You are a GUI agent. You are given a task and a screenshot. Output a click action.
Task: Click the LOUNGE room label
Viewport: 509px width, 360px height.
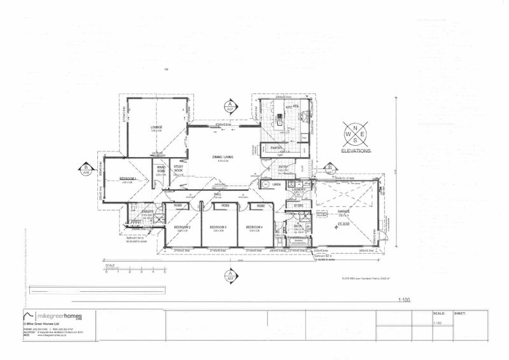(x=157, y=127)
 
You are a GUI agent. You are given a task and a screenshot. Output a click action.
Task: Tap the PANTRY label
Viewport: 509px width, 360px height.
(x=276, y=148)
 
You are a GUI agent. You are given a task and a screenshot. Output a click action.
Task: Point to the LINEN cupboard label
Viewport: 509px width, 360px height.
(x=276, y=184)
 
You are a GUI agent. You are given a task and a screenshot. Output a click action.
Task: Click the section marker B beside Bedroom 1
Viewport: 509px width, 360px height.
(x=85, y=169)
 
